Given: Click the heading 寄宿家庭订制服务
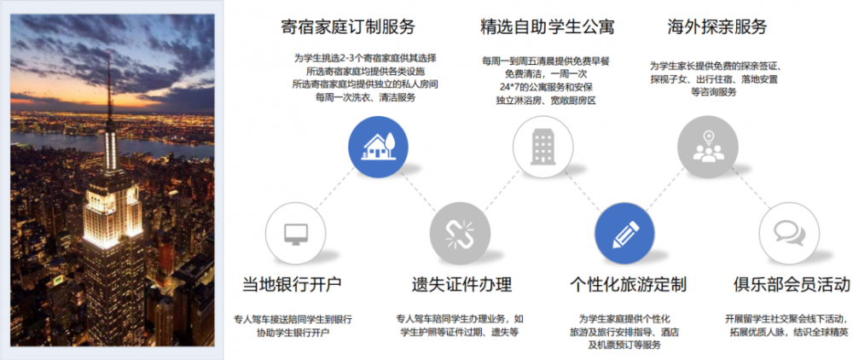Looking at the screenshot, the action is coord(348,26).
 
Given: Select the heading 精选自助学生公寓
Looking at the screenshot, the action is coord(548,26).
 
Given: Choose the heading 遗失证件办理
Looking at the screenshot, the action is coord(461,284).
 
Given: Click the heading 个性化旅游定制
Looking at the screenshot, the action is coord(628,284).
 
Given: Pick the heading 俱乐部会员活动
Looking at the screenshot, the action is coord(791,284).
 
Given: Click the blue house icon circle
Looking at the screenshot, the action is coord(378,147).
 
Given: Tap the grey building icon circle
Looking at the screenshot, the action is coord(543,147).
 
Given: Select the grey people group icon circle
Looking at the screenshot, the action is coord(708,147).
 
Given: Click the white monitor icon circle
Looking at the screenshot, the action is coord(295,233).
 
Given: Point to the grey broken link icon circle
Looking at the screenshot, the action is coord(460,233).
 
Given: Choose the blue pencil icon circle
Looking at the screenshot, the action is coord(625,233).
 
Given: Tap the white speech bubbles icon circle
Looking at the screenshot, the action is coord(789,233).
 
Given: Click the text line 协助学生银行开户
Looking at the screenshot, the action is coord(293,333).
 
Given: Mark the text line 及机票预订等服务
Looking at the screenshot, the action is coord(623,345).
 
